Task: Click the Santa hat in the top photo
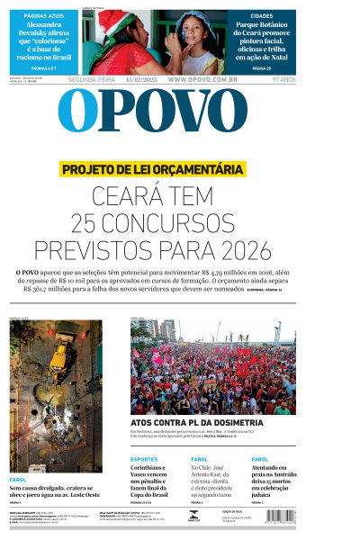click(112, 20)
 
